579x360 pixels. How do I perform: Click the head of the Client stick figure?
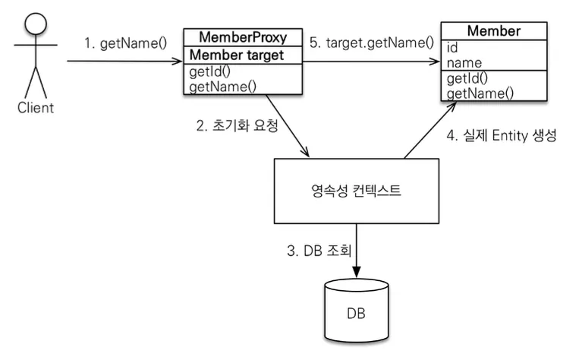point(36,24)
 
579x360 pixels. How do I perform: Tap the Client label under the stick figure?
point(36,108)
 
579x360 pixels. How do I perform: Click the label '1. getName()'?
point(125,43)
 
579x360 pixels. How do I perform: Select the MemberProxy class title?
point(243,37)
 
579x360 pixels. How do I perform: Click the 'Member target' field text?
point(236,55)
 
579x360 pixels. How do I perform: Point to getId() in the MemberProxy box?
point(209,71)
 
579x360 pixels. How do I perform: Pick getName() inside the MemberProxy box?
point(222,87)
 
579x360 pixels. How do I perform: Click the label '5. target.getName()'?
point(372,43)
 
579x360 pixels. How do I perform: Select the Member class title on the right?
point(494,30)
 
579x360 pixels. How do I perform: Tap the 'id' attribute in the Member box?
point(452,48)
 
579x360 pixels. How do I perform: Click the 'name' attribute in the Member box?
point(464,63)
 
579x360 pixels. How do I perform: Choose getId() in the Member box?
point(467,78)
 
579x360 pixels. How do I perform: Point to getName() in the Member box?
point(480,93)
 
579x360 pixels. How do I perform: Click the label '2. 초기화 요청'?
point(237,125)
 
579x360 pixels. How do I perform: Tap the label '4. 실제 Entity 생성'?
point(501,136)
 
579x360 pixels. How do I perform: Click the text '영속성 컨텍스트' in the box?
point(356,191)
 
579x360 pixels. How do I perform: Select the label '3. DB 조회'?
point(319,251)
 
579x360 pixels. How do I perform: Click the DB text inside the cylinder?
point(357,314)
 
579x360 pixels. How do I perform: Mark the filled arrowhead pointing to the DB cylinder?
point(357,272)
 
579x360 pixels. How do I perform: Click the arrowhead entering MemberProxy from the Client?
point(178,61)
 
